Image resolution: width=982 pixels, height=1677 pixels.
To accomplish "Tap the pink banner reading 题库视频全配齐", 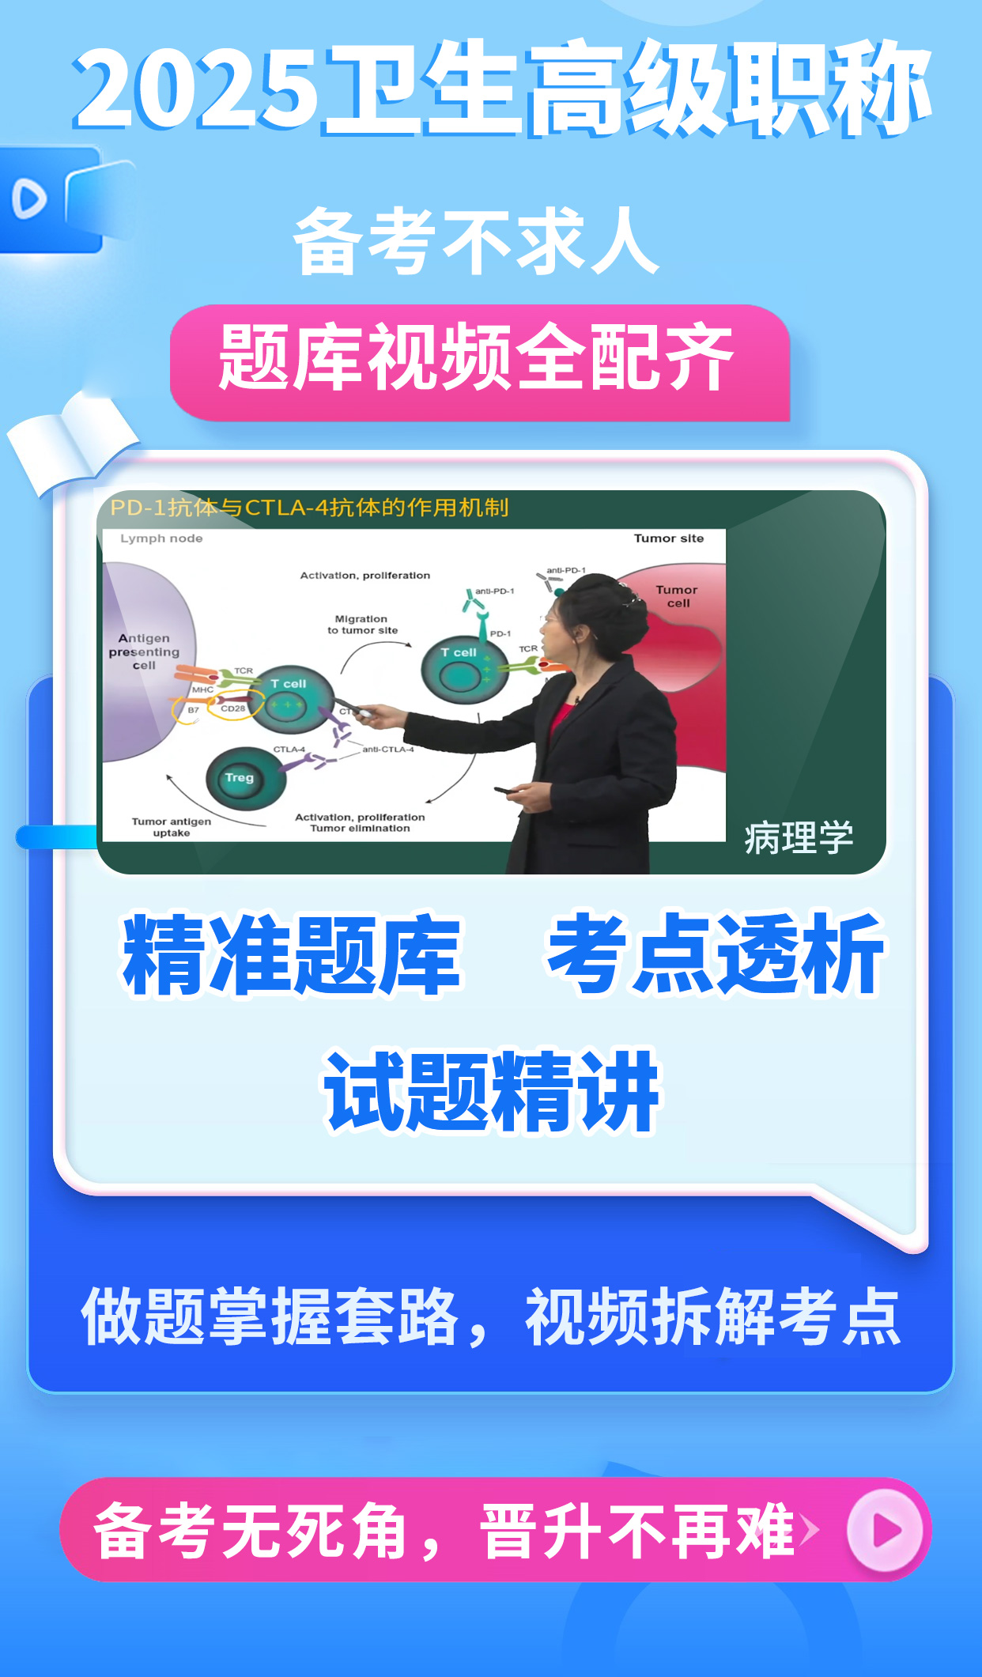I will pyautogui.click(x=479, y=361).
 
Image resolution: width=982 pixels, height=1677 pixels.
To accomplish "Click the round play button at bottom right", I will pyautogui.click(x=885, y=1530).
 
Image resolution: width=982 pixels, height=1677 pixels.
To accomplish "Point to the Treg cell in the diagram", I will pyautogui.click(x=239, y=778).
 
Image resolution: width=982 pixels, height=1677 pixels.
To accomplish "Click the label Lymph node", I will pyautogui.click(x=161, y=538).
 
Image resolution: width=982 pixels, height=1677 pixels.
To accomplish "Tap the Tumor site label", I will pyautogui.click(x=668, y=538).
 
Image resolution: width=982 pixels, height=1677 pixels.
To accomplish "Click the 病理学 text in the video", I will pyautogui.click(x=798, y=837).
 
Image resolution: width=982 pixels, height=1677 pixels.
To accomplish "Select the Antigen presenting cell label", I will pyautogui.click(x=144, y=652).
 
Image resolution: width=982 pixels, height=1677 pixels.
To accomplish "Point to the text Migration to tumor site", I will pyautogui.click(x=362, y=625).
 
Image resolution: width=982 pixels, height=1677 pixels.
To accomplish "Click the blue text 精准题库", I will pyautogui.click(x=292, y=954).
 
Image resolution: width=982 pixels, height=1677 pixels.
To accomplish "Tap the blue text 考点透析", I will pyautogui.click(x=715, y=954).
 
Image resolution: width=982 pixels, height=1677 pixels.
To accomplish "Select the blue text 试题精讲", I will pyautogui.click(x=492, y=1092).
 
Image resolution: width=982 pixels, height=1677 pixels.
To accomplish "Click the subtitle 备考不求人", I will pyautogui.click(x=477, y=241).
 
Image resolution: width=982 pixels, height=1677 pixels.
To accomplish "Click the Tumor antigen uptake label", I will pyautogui.click(x=172, y=827).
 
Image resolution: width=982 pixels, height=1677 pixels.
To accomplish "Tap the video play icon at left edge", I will pyautogui.click(x=30, y=198).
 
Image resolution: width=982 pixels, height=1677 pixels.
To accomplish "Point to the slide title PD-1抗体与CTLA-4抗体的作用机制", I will pyautogui.click(x=309, y=508).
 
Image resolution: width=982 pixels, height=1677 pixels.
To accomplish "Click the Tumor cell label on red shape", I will pyautogui.click(x=677, y=596).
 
